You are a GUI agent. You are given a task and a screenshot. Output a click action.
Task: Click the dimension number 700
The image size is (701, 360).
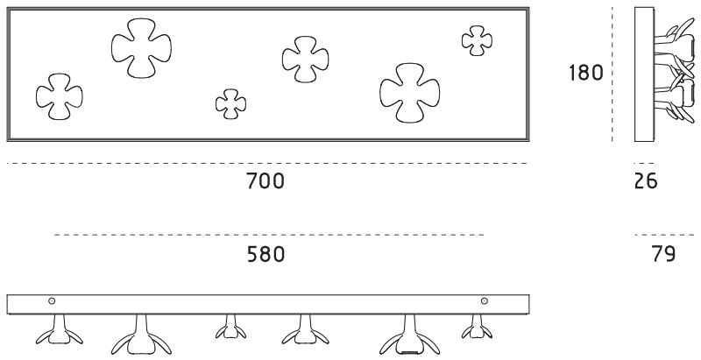click(x=265, y=182)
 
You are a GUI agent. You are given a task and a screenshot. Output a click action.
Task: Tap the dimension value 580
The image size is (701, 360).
click(x=265, y=255)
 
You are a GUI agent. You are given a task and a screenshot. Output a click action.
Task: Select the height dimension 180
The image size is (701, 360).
click(x=586, y=73)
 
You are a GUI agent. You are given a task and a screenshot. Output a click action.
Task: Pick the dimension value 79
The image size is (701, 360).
click(x=663, y=255)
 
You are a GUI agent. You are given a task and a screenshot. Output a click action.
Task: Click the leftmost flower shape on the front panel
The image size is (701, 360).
click(x=58, y=96)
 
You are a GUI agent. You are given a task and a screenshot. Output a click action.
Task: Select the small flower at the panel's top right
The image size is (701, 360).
click(x=476, y=39)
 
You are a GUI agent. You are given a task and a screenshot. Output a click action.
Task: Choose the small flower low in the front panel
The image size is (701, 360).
click(x=230, y=103)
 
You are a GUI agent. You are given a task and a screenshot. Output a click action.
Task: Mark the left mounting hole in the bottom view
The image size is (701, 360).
click(x=52, y=302)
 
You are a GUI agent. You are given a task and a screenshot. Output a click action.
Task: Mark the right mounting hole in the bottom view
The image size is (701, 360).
click(x=484, y=302)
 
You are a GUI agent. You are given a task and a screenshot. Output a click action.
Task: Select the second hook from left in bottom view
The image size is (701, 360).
click(x=140, y=333)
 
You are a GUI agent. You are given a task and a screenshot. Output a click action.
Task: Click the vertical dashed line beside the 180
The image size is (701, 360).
click(x=612, y=74)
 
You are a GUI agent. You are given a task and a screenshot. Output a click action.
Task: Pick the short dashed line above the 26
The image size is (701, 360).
click(x=644, y=163)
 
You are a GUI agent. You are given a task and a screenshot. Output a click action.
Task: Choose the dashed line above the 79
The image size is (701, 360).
click(x=663, y=235)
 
